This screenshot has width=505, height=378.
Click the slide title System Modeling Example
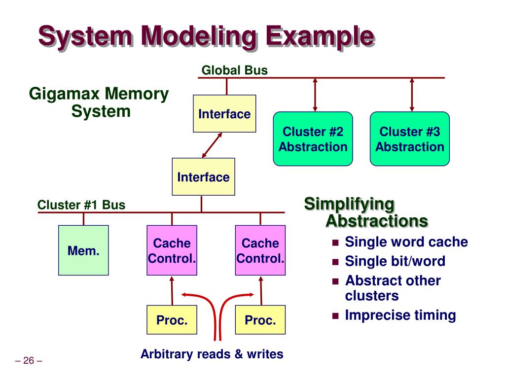point(206,37)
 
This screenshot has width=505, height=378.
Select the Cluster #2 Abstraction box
point(313,139)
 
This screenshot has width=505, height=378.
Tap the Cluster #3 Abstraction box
point(409,139)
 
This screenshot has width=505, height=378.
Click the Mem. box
point(83,250)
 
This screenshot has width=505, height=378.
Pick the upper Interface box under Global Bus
point(224,114)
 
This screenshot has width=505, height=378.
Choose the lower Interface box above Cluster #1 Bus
point(203,176)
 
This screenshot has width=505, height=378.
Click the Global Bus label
point(234,70)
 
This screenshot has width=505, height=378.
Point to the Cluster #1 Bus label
point(81,205)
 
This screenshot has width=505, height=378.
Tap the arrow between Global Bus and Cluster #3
point(412,95)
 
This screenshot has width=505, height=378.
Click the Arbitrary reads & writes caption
point(212,354)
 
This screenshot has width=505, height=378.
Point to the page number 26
point(29,361)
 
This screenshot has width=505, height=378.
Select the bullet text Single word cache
point(406,242)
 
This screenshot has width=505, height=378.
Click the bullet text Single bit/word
point(395,261)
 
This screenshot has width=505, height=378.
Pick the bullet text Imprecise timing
point(400,315)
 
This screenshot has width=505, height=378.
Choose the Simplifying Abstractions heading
point(365,212)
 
